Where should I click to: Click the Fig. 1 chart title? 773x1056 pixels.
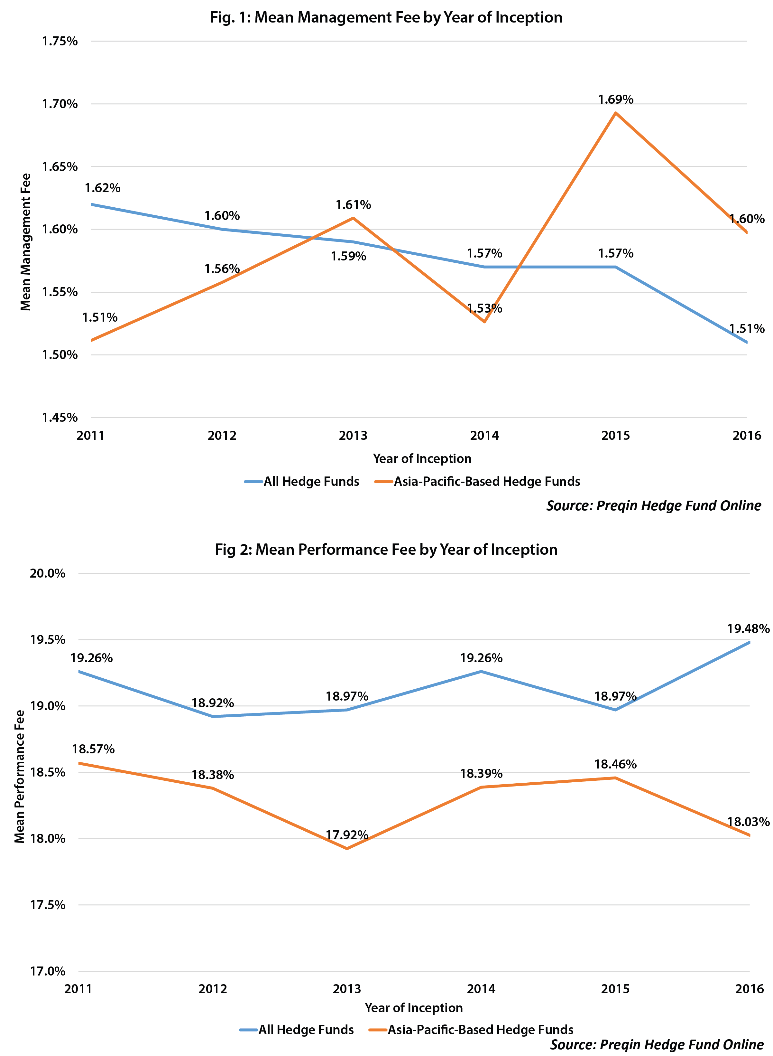pyautogui.click(x=386, y=17)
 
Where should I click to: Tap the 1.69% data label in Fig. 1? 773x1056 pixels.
pyautogui.click(x=615, y=99)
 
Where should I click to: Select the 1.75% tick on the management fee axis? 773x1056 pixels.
pyautogui.click(x=60, y=41)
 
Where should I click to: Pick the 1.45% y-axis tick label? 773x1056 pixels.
pyautogui.click(x=60, y=417)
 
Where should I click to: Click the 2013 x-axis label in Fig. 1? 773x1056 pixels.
pyautogui.click(x=353, y=436)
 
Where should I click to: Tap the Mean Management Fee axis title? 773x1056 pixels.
pyautogui.click(x=25, y=242)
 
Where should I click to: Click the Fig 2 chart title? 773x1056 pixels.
pyautogui.click(x=386, y=549)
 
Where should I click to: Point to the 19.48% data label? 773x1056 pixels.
pyautogui.click(x=748, y=628)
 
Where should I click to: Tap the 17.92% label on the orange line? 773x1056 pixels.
pyautogui.click(x=347, y=835)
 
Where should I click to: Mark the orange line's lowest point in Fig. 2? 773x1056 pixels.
pyautogui.click(x=347, y=849)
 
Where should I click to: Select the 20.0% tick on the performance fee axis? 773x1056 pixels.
pyautogui.click(x=48, y=573)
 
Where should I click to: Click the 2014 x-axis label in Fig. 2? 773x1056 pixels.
pyautogui.click(x=481, y=989)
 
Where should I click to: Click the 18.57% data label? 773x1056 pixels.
pyautogui.click(x=93, y=749)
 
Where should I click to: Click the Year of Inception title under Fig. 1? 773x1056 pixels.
pyautogui.click(x=422, y=458)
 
